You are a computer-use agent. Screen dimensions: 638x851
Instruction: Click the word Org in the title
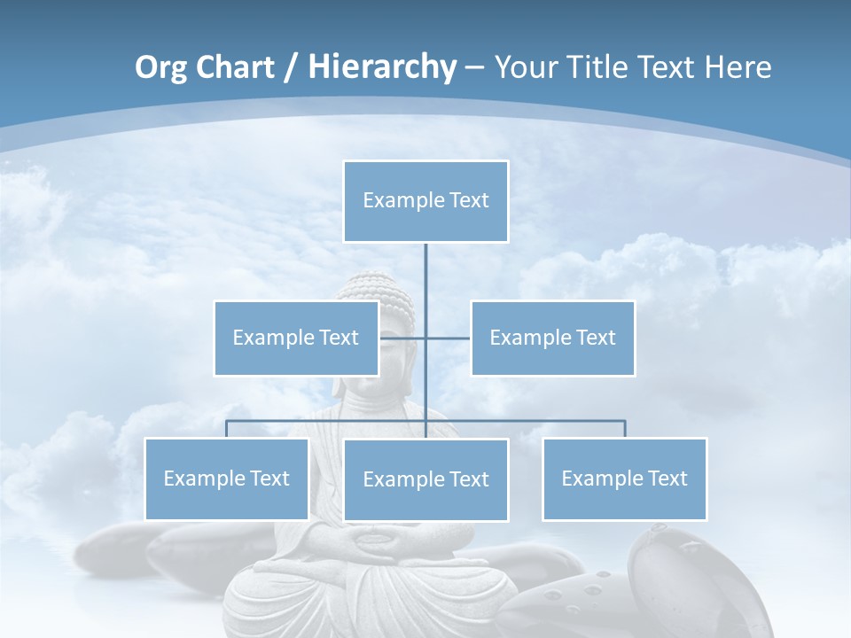point(162,67)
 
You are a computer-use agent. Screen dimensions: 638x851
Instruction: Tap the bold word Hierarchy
point(382,67)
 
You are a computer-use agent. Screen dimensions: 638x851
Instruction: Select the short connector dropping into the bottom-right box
point(625,429)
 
